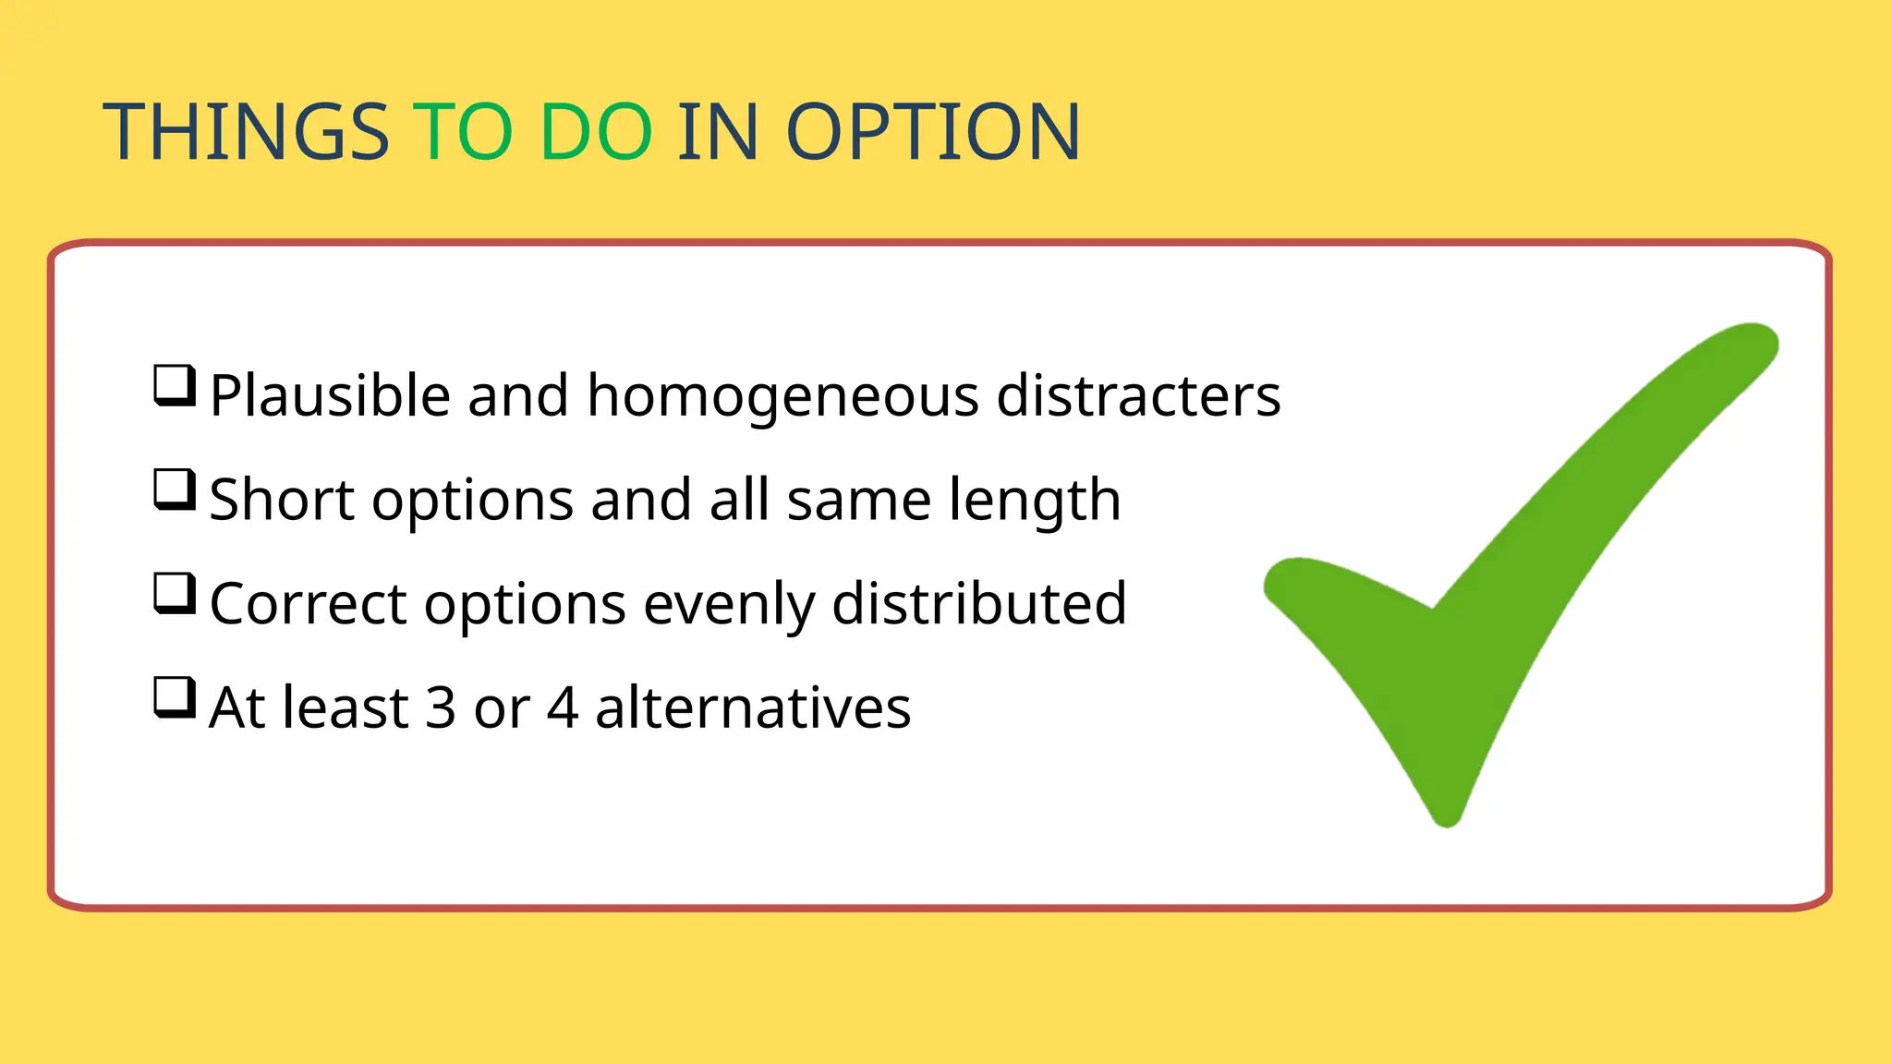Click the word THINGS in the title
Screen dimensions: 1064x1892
246,132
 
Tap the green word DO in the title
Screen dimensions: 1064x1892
596,132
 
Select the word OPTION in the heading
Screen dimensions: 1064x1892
933,132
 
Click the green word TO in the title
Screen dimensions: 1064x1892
463,132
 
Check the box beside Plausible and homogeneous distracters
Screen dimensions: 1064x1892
174,385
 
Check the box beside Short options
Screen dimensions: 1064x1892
174,490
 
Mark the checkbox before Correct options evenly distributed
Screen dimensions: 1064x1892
174,594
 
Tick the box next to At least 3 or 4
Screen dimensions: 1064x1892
174,698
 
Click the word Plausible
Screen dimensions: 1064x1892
330,396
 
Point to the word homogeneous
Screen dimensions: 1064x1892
782,396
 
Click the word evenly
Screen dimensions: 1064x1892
729,605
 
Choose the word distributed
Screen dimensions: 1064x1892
979,605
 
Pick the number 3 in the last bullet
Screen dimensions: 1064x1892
441,708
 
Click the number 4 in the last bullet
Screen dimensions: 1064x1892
563,708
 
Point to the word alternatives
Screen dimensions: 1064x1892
753,708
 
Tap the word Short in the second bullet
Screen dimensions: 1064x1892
282,501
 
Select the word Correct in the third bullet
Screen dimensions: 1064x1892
309,605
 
